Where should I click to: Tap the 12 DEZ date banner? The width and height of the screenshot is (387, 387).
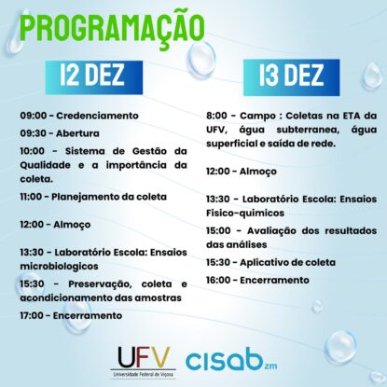click(x=94, y=77)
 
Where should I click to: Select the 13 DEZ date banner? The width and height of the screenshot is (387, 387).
click(x=291, y=77)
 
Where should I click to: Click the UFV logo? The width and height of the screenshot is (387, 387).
click(x=144, y=362)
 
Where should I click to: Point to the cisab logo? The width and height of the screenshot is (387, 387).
click(x=231, y=361)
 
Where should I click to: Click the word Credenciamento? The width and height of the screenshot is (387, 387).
click(x=97, y=116)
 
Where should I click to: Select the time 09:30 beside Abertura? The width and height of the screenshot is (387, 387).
click(x=34, y=133)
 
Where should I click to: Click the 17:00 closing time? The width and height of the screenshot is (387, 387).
click(x=32, y=316)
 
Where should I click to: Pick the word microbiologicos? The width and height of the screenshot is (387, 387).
click(x=60, y=267)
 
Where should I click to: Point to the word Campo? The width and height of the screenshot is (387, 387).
click(x=257, y=117)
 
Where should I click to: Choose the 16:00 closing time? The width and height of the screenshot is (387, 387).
click(x=218, y=280)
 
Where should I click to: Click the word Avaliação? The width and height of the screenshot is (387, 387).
click(x=271, y=231)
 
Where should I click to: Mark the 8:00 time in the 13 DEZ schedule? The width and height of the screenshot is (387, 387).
click(x=216, y=116)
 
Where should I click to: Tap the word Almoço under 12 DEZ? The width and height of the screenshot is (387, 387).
click(x=72, y=225)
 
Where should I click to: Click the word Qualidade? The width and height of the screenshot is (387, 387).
click(x=46, y=165)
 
